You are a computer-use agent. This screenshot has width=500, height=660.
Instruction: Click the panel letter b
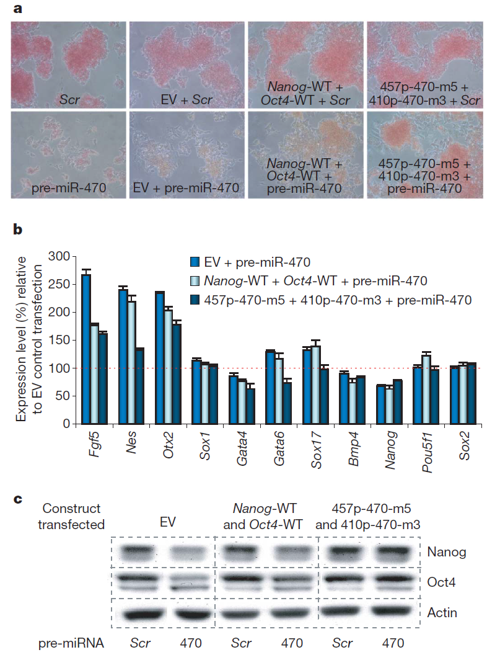tap(18, 230)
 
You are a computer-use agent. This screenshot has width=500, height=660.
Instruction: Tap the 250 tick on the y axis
tap(60, 284)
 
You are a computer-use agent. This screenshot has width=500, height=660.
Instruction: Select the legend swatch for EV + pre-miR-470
tap(195, 262)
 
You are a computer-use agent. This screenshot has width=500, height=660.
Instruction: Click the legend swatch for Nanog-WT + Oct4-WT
tap(195, 281)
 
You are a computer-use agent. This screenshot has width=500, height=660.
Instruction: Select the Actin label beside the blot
tap(442, 613)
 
